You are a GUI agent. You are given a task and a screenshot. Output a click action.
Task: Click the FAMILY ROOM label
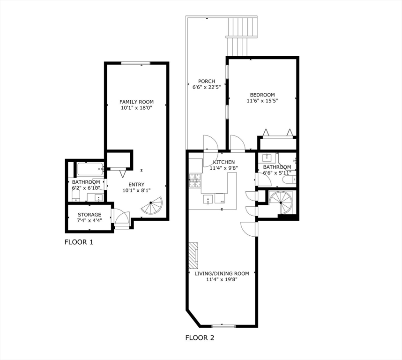[x=136, y=102]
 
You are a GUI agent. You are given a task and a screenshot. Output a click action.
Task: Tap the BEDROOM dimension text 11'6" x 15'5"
[x=262, y=101]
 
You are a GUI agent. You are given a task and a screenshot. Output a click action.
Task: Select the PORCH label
[x=207, y=81]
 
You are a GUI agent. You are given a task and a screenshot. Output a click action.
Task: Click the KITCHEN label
[x=224, y=162]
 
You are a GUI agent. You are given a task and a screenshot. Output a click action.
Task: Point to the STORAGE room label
[x=89, y=215]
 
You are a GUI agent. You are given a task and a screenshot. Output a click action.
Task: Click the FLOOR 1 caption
[x=79, y=242]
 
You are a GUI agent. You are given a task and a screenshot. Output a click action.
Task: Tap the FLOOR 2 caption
[x=200, y=337]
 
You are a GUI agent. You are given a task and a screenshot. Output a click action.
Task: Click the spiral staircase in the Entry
[x=152, y=205]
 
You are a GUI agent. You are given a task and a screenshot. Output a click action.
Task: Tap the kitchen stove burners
[x=195, y=180]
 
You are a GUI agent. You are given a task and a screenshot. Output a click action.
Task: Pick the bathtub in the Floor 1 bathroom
[x=90, y=169]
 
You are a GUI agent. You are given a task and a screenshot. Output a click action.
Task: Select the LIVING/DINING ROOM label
[x=222, y=274]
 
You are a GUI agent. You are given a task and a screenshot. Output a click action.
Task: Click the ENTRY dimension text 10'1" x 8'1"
[x=136, y=190]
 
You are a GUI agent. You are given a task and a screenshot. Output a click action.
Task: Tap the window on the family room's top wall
[x=135, y=63]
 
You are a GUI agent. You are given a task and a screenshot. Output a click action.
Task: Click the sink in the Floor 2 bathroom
[x=267, y=157]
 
